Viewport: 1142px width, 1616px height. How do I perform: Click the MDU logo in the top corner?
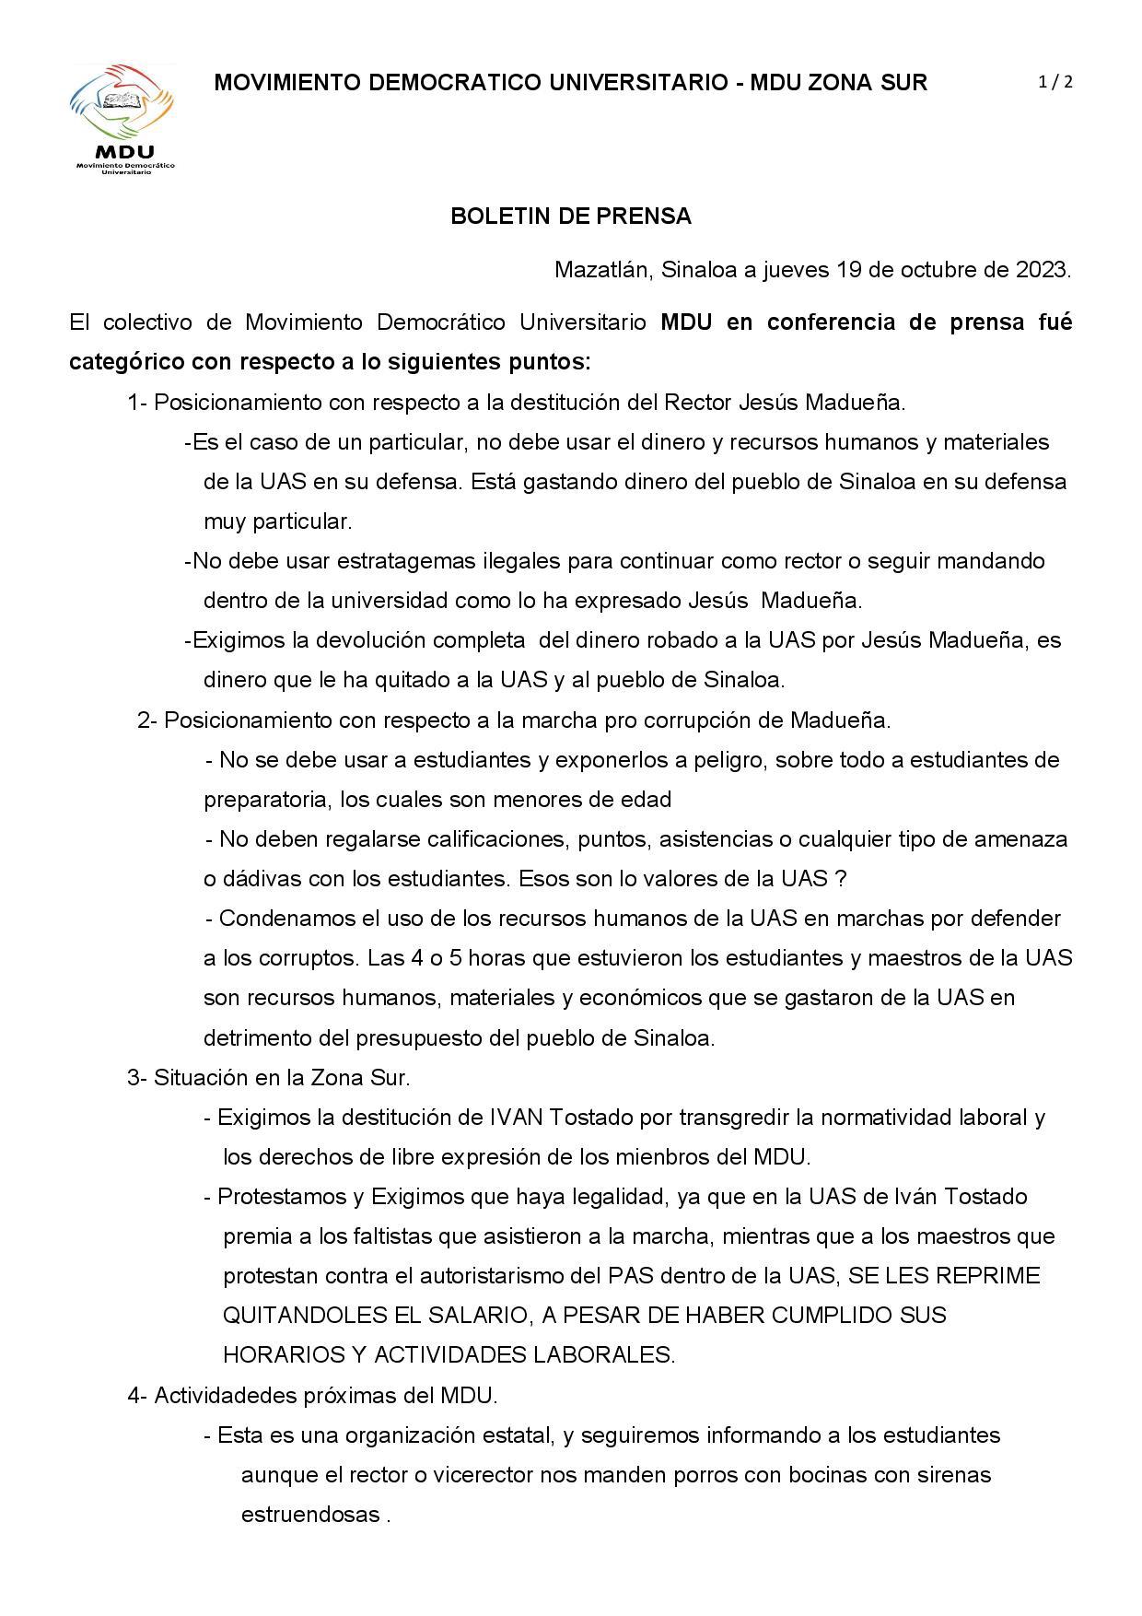(122, 118)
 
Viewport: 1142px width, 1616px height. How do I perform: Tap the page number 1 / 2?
(1055, 82)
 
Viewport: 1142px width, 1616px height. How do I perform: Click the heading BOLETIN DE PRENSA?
(570, 217)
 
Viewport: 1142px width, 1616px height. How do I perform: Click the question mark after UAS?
(840, 879)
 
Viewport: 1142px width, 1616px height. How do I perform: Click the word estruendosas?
(310, 1515)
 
